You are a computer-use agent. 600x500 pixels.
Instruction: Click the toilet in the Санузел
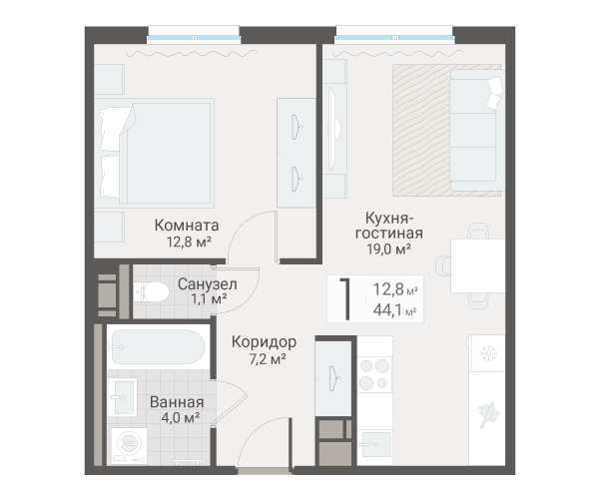152,292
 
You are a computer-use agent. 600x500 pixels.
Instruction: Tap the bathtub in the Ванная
158,346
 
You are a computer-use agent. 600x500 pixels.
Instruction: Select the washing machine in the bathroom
130,446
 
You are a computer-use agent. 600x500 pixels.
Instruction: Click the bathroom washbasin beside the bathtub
123,397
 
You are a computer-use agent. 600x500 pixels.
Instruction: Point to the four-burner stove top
374,374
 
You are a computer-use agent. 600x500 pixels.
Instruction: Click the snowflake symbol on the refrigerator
488,353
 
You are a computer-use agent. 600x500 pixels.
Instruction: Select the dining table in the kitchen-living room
478,265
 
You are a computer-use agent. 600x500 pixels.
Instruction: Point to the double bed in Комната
155,153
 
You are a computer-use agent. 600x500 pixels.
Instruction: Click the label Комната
187,225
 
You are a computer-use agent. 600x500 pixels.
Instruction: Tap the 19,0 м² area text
389,250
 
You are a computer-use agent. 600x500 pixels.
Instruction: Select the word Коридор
264,342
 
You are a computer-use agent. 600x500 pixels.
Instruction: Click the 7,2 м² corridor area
268,359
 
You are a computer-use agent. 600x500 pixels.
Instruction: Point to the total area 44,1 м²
395,310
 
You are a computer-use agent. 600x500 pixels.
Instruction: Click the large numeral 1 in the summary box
345,298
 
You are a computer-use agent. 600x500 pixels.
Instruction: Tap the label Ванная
177,402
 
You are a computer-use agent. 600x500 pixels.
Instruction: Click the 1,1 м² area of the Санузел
209,298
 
